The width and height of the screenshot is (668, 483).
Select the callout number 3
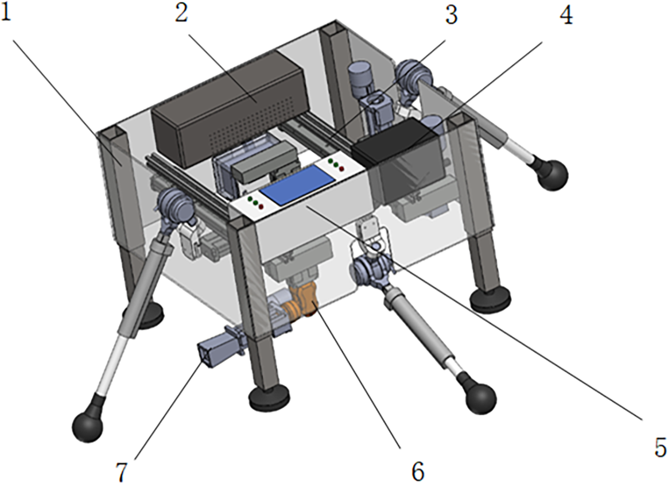pyautogui.click(x=451, y=16)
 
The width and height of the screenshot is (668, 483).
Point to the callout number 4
pyautogui.click(x=566, y=16)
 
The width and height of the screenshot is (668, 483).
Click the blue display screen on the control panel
pyautogui.click(x=297, y=185)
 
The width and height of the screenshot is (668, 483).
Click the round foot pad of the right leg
pyautogui.click(x=490, y=298)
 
